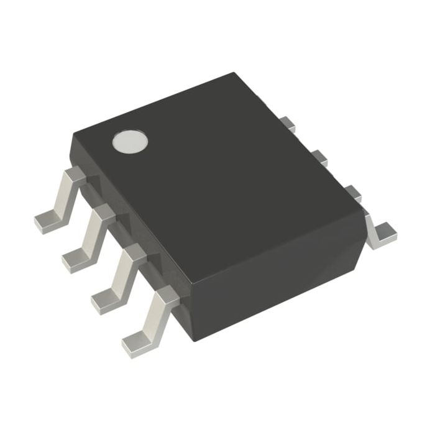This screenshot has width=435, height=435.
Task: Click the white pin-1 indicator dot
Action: coord(130,142)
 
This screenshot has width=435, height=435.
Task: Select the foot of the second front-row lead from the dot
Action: coord(76,262)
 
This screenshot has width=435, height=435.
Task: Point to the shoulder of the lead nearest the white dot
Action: coord(76,175)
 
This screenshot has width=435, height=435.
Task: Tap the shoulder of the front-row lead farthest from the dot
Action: coord(166,297)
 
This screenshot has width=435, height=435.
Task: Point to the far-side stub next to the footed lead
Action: coord(352,193)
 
